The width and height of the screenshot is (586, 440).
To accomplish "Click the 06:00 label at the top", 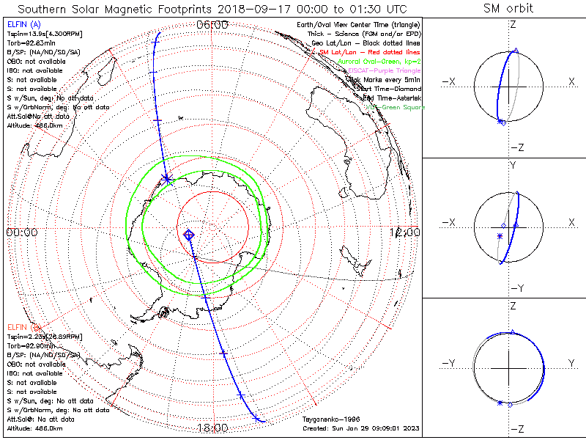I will point(213,24).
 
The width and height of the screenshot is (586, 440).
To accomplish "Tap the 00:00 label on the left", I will point(21,232).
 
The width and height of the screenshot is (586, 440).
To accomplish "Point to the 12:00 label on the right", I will point(405,232).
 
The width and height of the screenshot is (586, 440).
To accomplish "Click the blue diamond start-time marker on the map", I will point(189,234).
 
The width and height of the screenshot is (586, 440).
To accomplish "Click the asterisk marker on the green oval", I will point(167,178).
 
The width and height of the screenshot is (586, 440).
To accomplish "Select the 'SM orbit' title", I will point(508,9).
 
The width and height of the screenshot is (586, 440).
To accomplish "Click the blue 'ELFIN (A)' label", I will point(22,24).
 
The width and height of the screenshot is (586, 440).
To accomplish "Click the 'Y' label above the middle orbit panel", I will point(513,165).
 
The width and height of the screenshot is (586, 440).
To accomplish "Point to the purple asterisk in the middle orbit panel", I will point(500,236).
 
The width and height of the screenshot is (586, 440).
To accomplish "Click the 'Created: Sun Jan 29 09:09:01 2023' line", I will point(361,428).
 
